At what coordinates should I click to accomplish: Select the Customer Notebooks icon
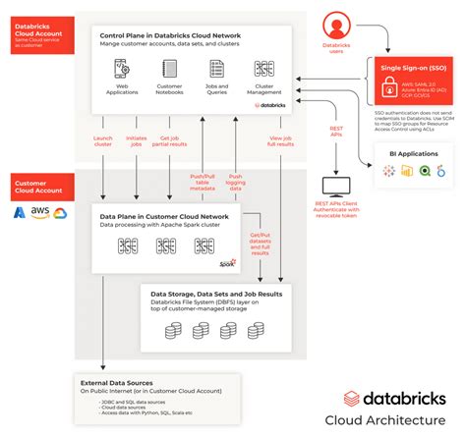click(170, 69)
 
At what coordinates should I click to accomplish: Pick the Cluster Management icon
click(263, 69)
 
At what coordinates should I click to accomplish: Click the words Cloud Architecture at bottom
click(399, 421)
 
